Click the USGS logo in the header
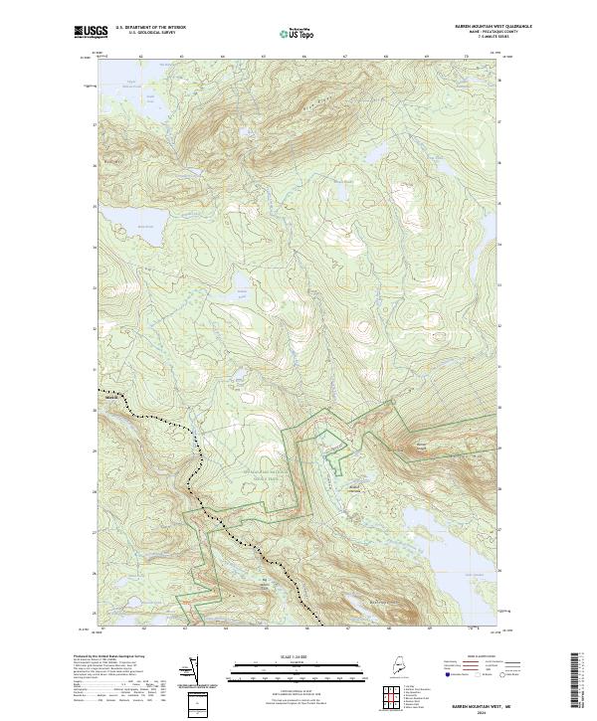87,32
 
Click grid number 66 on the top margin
304,58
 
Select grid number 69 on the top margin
427,58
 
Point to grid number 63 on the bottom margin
184,629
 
